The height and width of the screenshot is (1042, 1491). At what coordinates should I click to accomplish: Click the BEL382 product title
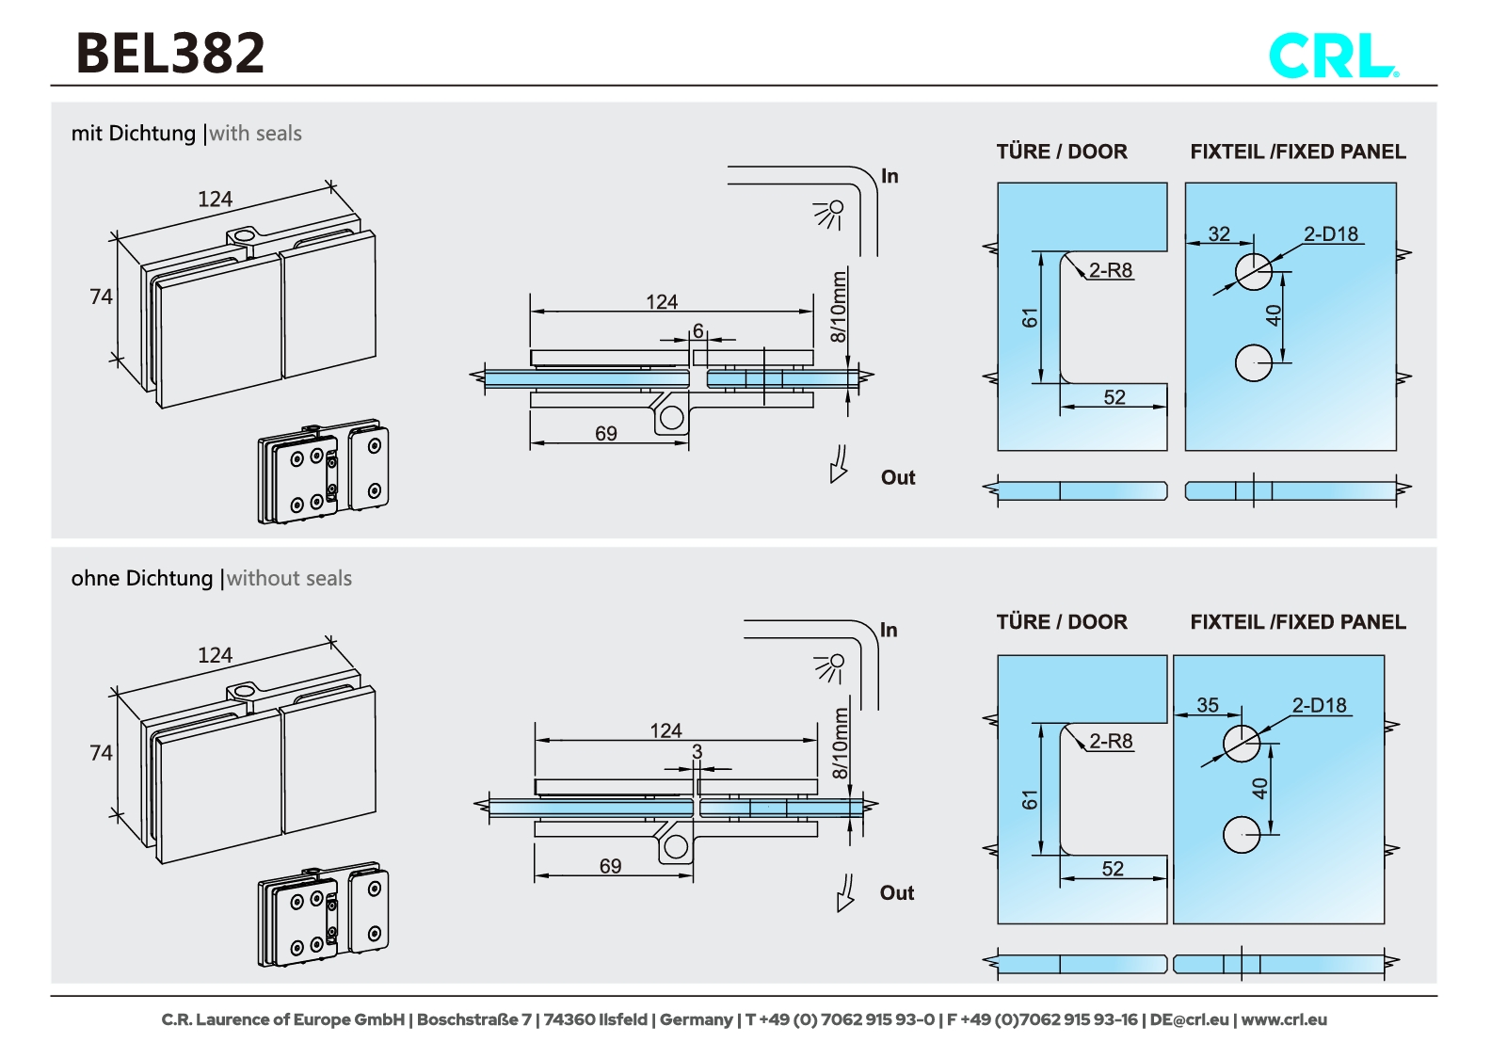(x=170, y=53)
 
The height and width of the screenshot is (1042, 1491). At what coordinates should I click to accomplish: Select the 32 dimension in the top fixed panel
(x=1219, y=233)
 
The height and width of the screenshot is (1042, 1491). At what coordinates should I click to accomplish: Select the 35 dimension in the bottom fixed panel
(x=1208, y=705)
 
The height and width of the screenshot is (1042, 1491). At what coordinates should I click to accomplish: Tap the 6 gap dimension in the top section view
(x=698, y=330)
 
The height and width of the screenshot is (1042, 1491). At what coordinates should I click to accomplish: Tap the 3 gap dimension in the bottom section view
(x=697, y=751)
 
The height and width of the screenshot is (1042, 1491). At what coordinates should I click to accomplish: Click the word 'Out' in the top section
(x=897, y=477)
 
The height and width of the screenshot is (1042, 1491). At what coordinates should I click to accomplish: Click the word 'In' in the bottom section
(x=888, y=630)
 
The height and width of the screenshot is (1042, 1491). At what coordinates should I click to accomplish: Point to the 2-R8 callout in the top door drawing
(x=1111, y=270)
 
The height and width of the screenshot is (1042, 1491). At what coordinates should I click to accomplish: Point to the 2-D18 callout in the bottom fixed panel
(x=1319, y=705)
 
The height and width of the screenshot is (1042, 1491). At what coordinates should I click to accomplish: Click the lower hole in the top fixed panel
(x=1253, y=362)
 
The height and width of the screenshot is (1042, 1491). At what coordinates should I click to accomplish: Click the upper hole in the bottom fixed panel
(x=1241, y=744)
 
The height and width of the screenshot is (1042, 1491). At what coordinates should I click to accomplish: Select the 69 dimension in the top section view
(x=606, y=433)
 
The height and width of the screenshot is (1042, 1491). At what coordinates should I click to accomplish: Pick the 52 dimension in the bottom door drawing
(x=1113, y=869)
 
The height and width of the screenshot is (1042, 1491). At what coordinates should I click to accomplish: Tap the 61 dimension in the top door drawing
(x=1030, y=318)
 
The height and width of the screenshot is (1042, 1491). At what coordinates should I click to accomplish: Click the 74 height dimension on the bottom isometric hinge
(x=101, y=753)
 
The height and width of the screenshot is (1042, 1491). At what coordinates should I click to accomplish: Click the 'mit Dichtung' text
(x=134, y=134)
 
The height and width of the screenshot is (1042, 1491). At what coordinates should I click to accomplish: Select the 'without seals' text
(x=289, y=579)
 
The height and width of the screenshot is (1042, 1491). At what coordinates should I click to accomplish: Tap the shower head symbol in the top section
(x=829, y=214)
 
